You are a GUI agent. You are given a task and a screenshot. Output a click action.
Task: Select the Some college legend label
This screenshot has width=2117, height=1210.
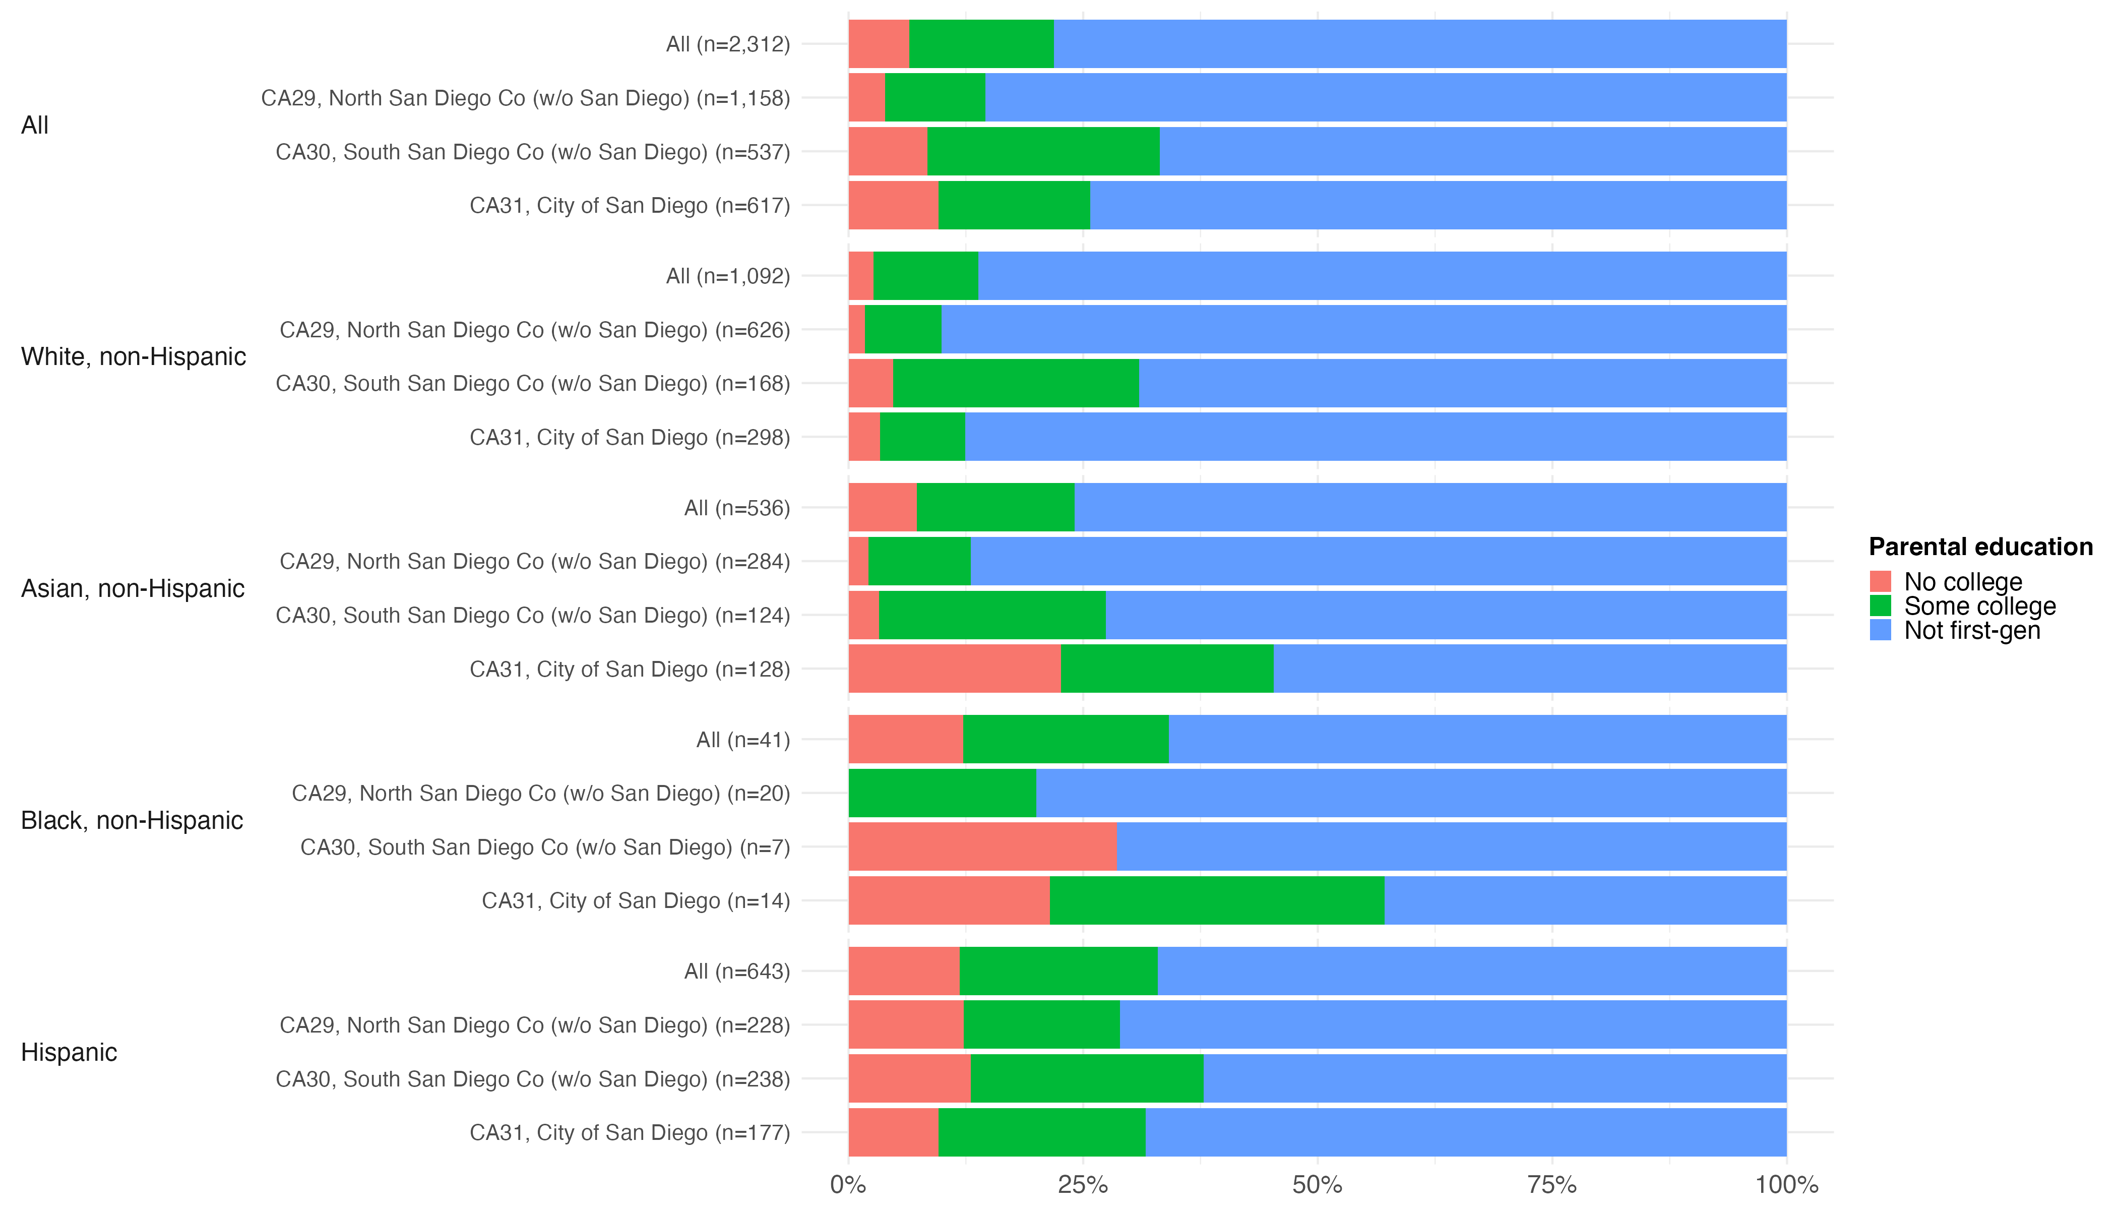coord(1980,606)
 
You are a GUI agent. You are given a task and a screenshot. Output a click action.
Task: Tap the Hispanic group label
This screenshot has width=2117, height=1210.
coord(69,1052)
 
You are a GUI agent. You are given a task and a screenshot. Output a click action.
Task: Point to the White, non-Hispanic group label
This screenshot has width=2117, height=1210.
coord(134,356)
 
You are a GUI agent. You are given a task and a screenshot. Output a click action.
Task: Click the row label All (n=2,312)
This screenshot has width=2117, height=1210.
coord(728,44)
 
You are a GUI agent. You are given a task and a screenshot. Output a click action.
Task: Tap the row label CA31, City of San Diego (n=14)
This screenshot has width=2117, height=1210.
coord(636,901)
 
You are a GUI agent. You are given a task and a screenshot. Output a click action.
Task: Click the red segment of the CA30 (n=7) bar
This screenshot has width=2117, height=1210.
coord(982,847)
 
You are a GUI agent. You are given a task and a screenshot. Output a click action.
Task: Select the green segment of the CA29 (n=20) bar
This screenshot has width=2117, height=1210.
coord(942,793)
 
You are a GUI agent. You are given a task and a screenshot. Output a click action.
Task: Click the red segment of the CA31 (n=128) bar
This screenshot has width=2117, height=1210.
coord(955,669)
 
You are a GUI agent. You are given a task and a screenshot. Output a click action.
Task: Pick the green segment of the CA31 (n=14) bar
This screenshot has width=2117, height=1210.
coord(1217,901)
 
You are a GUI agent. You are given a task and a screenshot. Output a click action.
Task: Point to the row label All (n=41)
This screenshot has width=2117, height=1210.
coord(743,740)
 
